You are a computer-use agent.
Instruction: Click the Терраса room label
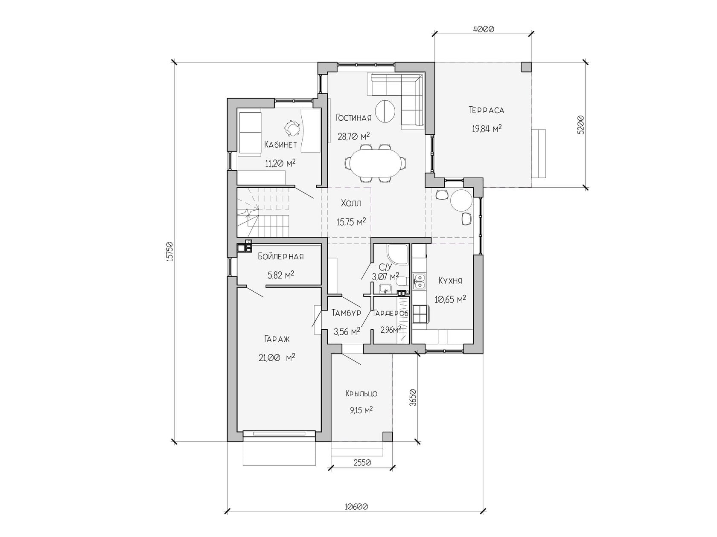487,110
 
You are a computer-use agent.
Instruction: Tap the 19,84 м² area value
487,128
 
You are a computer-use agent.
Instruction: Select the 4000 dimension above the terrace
484,29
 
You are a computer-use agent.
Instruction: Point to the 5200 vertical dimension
580,125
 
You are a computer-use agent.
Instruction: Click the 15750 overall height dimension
169,252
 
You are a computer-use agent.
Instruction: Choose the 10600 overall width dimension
356,507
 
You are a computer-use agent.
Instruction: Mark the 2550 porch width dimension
362,463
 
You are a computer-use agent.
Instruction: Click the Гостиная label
354,118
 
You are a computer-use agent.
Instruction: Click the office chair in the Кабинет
63,128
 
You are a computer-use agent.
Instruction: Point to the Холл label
351,203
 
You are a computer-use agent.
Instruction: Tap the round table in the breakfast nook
461,200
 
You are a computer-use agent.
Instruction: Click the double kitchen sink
419,282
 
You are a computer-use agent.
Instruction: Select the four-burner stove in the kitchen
420,314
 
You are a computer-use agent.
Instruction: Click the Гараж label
277,339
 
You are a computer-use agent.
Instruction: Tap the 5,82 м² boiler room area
280,275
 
